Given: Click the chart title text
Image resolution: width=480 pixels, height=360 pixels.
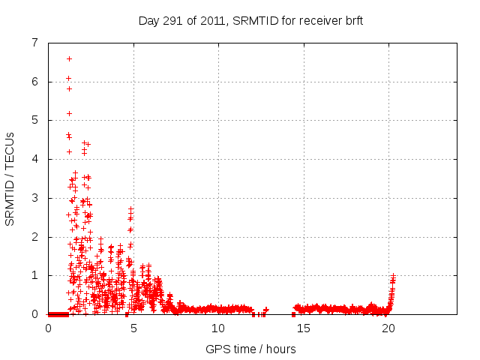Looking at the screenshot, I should [250, 20].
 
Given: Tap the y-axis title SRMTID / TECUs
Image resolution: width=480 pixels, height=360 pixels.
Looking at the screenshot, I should [10, 178].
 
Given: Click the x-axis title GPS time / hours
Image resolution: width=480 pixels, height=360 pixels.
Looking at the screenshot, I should [250, 349].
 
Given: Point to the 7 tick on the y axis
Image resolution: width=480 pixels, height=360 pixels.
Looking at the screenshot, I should [34, 43].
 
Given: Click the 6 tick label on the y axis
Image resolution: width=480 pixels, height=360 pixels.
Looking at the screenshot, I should [34, 82].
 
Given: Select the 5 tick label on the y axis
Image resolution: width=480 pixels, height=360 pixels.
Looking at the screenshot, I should [34, 120].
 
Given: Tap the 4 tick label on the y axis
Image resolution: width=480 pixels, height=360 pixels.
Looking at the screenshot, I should [34, 159].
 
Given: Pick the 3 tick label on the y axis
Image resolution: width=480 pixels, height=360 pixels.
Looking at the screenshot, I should [34, 198].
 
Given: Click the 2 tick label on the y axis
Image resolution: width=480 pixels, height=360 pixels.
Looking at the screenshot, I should [34, 237].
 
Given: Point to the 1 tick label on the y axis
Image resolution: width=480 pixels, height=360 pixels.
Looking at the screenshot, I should [34, 275].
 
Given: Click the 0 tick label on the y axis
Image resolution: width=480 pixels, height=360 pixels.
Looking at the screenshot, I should [34, 314].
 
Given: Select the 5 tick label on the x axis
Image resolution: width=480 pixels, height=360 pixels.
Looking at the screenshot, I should [133, 328].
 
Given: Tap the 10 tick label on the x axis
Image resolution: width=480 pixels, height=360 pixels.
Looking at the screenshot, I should [218, 328].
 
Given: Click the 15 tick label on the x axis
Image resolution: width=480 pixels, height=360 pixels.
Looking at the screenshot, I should [303, 328].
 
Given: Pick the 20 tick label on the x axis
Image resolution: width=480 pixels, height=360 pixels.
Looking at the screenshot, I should [388, 328].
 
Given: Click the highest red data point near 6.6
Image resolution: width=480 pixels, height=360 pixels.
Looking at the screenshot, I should [69, 58].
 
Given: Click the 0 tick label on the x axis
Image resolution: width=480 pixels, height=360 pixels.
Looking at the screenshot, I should [49, 328].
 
